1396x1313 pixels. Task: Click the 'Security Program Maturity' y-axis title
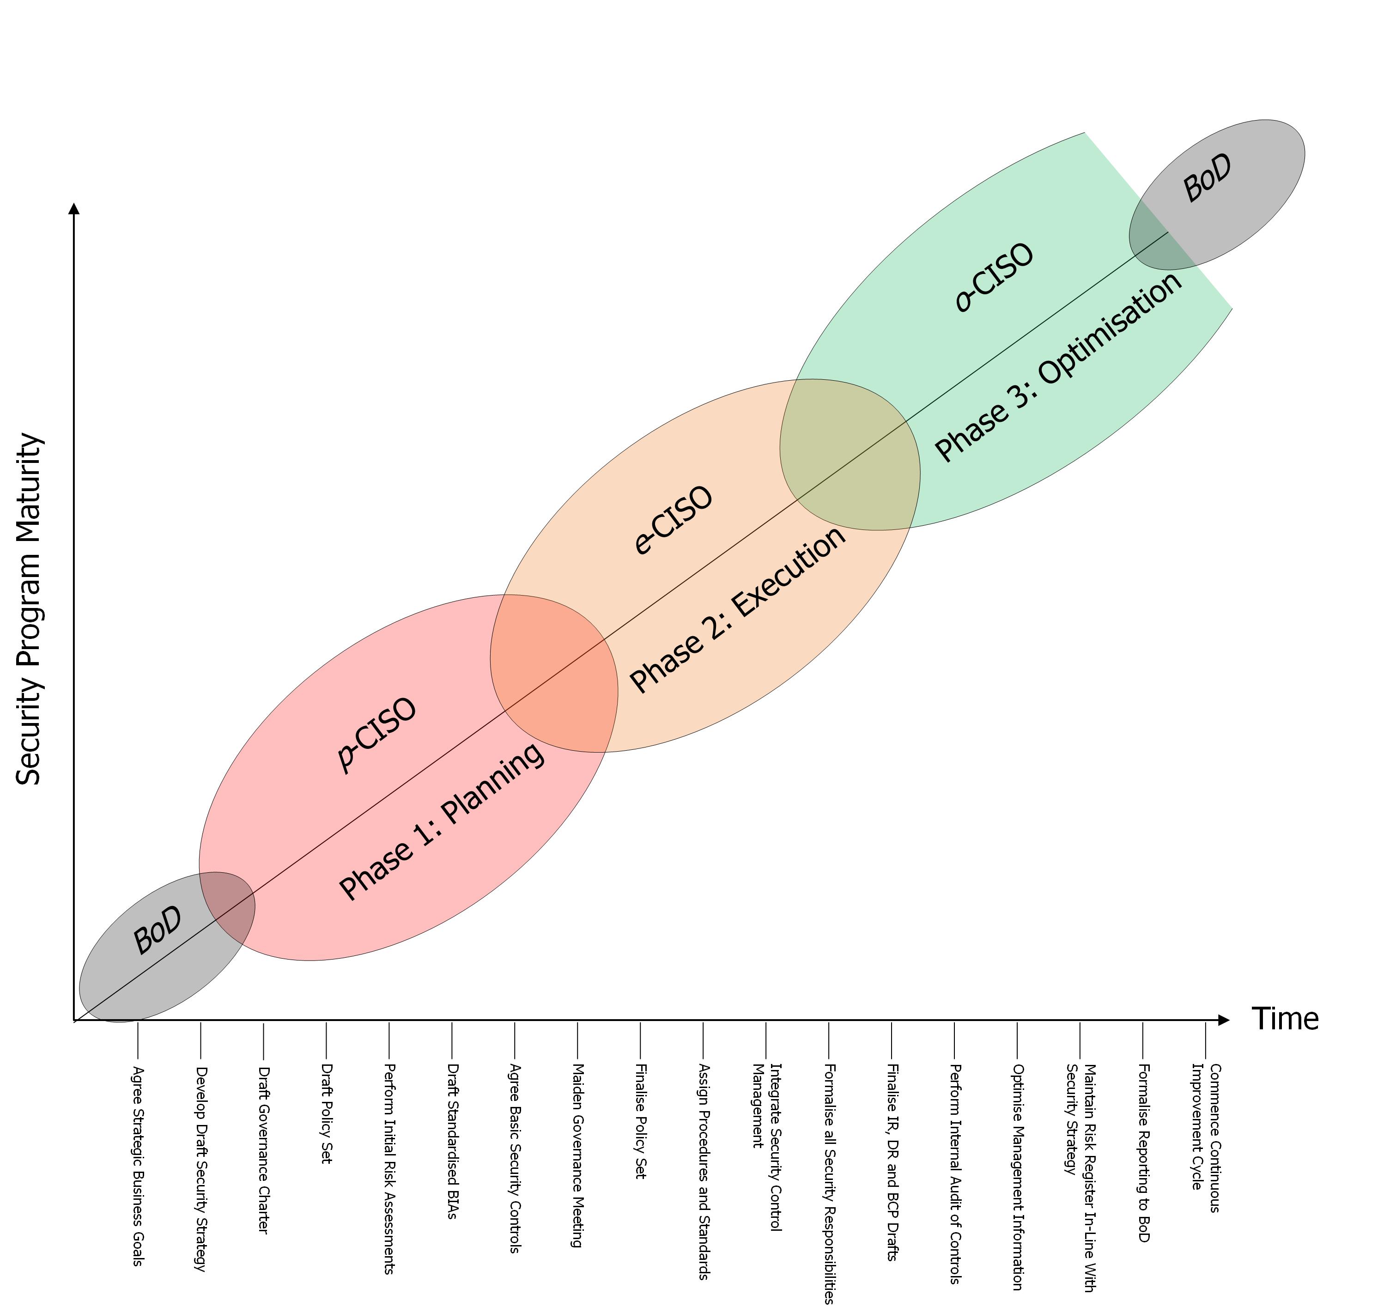pyautogui.click(x=30, y=609)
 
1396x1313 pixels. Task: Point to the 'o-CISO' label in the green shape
pyautogui.click(x=994, y=277)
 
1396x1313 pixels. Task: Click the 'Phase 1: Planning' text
pyautogui.click(x=442, y=821)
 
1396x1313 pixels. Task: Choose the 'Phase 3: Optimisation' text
pyautogui.click(x=1059, y=366)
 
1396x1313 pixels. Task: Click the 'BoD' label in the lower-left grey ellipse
pyautogui.click(x=158, y=930)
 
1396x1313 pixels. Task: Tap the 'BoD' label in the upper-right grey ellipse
pyautogui.click(x=1207, y=178)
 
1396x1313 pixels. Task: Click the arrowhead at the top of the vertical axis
pyautogui.click(x=74, y=208)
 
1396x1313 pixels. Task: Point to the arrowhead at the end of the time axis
pyautogui.click(x=1224, y=1020)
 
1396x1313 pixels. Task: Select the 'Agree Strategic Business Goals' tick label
pyautogui.click(x=138, y=1166)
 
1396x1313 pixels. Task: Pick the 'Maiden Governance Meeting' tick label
pyautogui.click(x=578, y=1156)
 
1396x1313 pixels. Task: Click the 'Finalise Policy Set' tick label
pyautogui.click(x=640, y=1121)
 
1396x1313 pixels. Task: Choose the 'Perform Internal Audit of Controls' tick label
pyautogui.click(x=954, y=1174)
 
